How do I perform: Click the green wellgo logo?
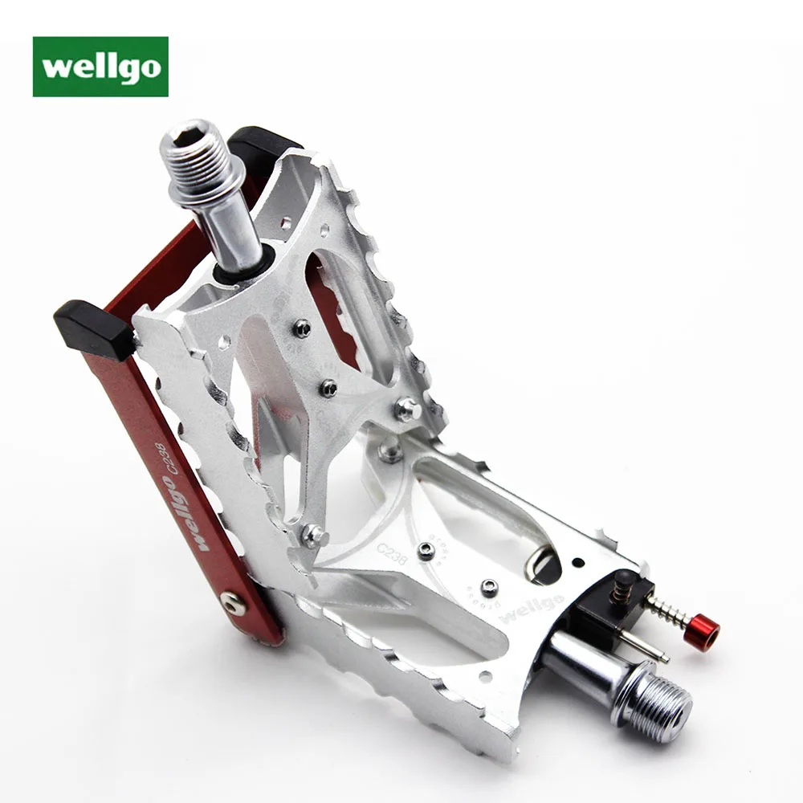click(100, 67)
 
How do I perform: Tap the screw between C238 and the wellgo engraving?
click(487, 585)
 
